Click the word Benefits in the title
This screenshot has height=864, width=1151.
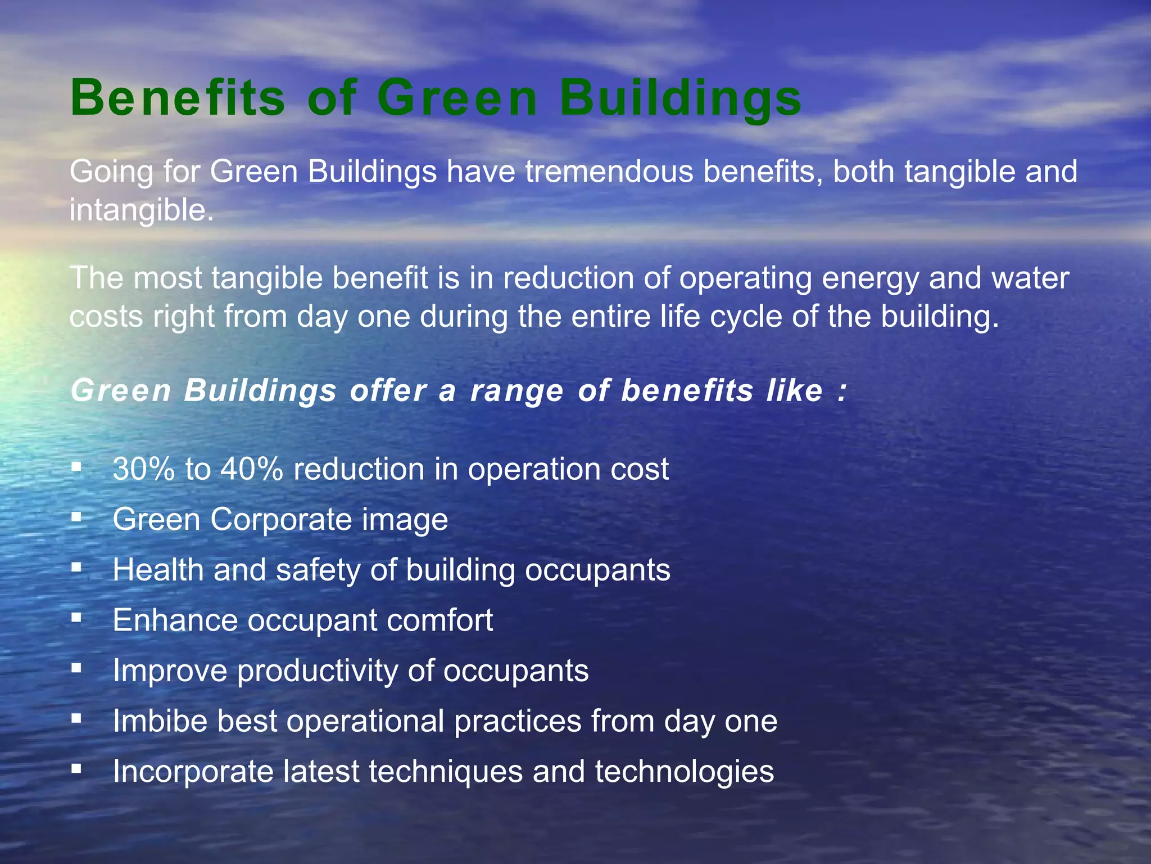coord(178,98)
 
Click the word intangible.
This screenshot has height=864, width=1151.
coord(141,210)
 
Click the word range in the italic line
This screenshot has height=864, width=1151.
coord(516,391)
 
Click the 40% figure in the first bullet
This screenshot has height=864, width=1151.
coord(252,469)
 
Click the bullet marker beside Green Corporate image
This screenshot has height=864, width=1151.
coord(77,517)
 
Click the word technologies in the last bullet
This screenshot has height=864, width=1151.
coord(684,772)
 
